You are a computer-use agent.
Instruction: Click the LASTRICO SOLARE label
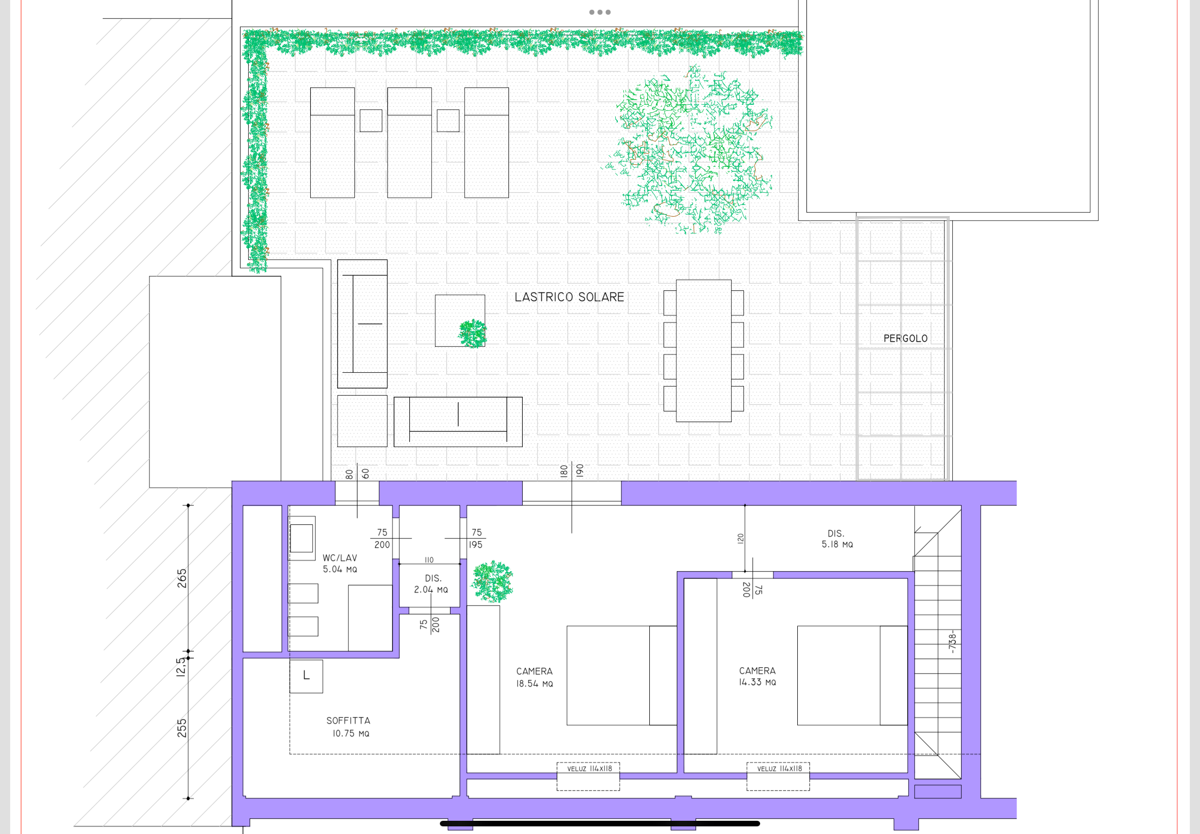coord(569,297)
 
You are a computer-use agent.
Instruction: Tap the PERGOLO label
coord(906,339)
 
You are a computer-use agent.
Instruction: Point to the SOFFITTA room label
coord(348,727)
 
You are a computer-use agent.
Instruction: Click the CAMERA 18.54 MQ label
coord(534,677)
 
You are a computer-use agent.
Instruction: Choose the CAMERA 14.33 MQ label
coord(758,676)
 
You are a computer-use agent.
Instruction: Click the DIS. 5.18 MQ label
coord(837,539)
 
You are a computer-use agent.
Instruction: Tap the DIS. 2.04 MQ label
coord(431,584)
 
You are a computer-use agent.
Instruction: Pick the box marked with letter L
coord(306,676)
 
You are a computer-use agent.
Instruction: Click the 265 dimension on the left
coord(182,578)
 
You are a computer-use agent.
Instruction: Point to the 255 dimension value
coord(182,728)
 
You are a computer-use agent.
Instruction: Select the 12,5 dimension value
coord(181,667)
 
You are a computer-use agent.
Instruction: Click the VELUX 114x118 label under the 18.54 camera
coord(589,769)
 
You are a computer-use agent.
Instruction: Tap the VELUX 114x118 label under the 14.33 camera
coord(779,769)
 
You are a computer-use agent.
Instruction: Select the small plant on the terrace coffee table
coord(473,334)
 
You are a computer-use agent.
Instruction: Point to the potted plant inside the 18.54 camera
coord(492,582)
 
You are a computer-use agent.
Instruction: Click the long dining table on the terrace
coord(704,350)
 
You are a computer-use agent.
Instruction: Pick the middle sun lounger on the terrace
coord(410,143)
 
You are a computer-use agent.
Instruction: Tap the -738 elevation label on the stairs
coord(952,642)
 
